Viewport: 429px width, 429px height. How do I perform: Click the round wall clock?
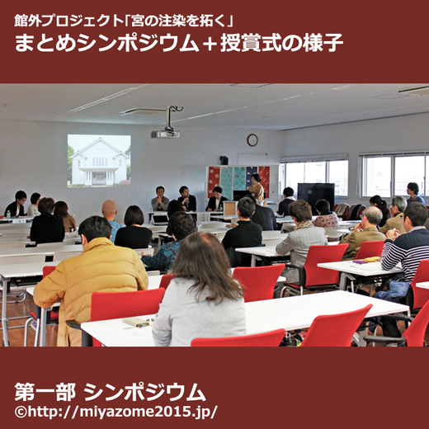(252, 140)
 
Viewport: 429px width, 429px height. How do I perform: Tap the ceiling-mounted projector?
(165, 134)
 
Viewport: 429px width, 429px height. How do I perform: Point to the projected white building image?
(99, 161)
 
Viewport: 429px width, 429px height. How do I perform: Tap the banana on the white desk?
(372, 259)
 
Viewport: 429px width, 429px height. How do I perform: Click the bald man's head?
(110, 208)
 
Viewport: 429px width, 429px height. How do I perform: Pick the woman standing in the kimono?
(257, 187)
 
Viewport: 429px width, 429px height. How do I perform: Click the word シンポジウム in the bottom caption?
(145, 392)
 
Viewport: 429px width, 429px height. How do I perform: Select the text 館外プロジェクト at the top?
(68, 21)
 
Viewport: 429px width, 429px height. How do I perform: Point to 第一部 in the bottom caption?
(45, 392)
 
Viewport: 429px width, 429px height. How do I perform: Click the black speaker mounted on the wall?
(224, 160)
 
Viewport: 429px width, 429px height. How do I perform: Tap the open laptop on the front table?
(160, 219)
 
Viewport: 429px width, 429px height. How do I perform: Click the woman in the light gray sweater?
(200, 291)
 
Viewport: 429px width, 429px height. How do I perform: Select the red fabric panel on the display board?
(264, 181)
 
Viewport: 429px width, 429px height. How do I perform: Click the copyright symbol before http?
(21, 412)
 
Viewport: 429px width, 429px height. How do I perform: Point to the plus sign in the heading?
(210, 44)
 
